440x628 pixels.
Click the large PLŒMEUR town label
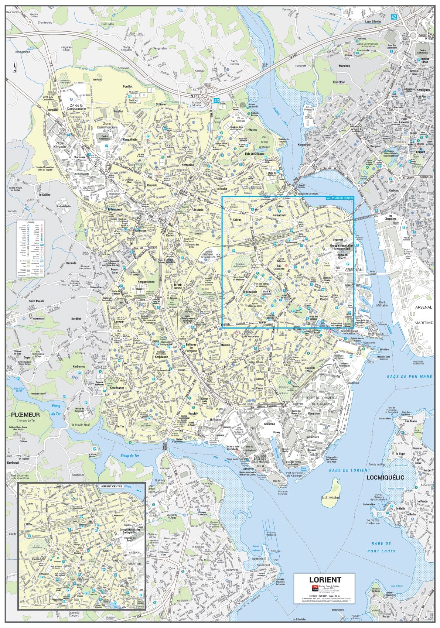(25, 415)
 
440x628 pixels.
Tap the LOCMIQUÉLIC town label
(386, 477)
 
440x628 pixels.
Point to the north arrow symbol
(14, 66)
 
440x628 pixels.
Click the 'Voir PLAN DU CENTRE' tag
(340, 198)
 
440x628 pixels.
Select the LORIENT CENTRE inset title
(111, 486)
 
